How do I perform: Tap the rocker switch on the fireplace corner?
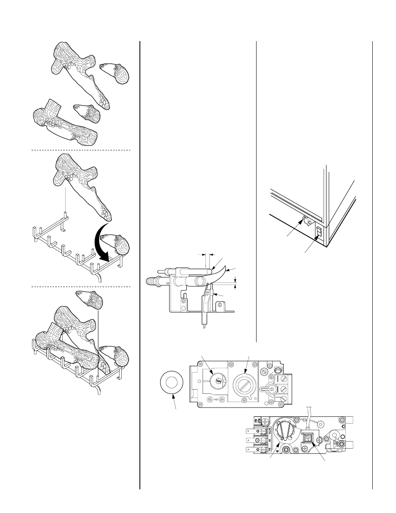coord(319,232)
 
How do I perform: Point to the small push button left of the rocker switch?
coord(305,217)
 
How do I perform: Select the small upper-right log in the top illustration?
coord(116,72)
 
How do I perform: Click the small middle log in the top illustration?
coord(88,112)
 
